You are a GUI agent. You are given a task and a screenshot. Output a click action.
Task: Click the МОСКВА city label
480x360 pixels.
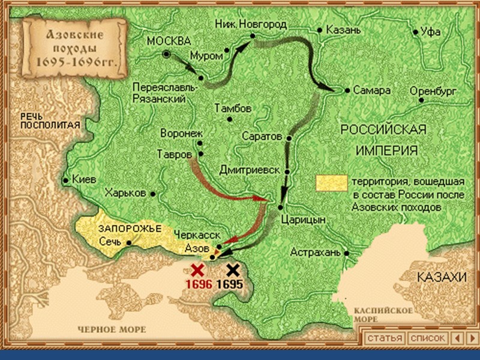point(168,41)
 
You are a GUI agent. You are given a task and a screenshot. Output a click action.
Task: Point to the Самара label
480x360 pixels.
point(371,90)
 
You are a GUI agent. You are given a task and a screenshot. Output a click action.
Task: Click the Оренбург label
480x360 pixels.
point(433,91)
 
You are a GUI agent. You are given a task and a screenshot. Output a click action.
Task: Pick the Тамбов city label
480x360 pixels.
point(233,109)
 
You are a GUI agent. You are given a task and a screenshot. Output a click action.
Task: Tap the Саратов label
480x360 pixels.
point(262,137)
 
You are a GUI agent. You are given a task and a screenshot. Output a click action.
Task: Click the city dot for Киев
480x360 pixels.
point(65,180)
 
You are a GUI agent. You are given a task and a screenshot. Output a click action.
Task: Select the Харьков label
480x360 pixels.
point(124,193)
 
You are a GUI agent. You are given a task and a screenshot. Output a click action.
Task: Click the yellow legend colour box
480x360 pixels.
point(331,183)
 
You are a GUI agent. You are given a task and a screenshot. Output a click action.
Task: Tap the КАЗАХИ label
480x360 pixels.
point(444,277)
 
